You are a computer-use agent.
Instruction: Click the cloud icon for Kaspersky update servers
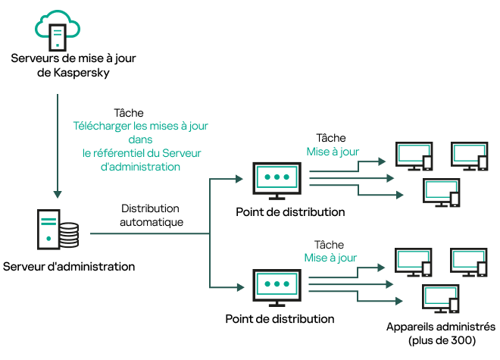coord(58,27)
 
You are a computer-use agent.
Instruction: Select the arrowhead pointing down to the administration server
coord(58,192)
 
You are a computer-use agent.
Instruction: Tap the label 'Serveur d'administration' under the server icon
coord(69,267)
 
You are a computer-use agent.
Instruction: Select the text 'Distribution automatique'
coord(150,215)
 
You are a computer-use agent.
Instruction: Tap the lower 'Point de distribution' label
coord(280,318)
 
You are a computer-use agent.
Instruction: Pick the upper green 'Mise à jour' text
coord(332,151)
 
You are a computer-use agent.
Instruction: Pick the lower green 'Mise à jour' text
coord(332,257)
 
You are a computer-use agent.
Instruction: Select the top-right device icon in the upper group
coord(467,155)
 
